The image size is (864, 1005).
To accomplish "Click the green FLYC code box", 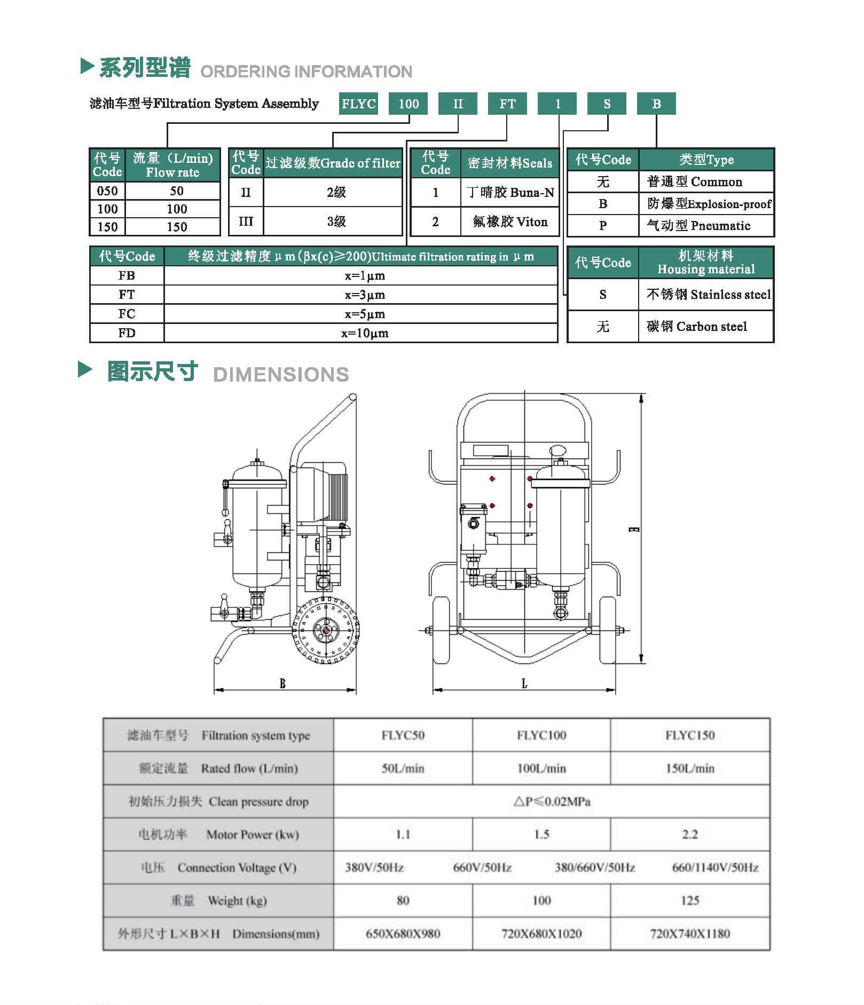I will click(x=358, y=104).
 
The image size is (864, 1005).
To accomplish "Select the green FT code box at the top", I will click(x=507, y=104).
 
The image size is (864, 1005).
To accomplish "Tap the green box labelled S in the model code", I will click(x=607, y=104).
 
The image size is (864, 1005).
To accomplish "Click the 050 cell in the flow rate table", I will click(x=107, y=191).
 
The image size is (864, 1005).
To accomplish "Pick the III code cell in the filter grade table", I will click(x=246, y=221).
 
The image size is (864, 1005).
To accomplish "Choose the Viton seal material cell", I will click(x=510, y=221).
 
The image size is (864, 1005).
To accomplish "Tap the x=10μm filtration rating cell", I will click(x=365, y=333).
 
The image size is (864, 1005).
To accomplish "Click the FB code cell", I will click(x=127, y=275).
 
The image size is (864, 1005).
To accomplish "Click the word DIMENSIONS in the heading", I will click(x=281, y=374).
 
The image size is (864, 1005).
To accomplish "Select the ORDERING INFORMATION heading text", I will click(x=306, y=72).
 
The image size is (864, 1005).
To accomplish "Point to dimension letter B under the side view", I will click(x=282, y=683).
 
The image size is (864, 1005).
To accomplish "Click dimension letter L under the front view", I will click(x=524, y=683).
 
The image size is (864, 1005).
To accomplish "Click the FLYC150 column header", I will click(x=689, y=735).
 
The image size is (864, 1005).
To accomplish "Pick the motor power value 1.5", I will click(x=541, y=834).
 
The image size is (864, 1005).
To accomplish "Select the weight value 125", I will click(x=689, y=900).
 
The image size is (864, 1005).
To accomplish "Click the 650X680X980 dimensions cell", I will click(x=403, y=933).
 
